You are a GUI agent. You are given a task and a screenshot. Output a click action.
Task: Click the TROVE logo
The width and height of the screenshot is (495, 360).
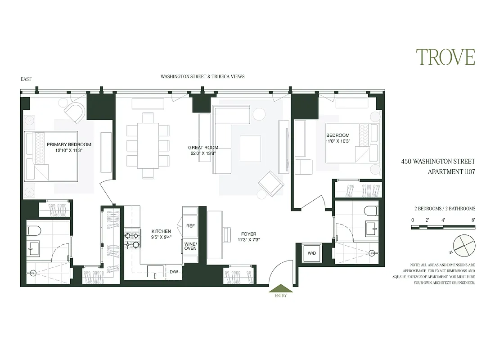coord(445,58)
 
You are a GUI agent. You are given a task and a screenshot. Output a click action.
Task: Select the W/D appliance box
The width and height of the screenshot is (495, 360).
coord(311,254)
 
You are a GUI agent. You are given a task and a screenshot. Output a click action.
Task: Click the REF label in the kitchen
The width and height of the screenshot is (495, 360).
coord(190,226)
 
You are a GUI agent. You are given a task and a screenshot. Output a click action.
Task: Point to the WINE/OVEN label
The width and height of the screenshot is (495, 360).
coord(190,246)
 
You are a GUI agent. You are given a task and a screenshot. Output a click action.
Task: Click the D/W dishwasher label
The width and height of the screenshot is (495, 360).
coord(174,272)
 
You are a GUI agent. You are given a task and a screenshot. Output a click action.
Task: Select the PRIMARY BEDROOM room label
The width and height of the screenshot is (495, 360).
coord(69,144)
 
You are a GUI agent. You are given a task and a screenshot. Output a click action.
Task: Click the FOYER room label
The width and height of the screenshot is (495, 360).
coord(248,234)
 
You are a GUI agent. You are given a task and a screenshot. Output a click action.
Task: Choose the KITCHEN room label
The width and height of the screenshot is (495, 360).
coord(161,231)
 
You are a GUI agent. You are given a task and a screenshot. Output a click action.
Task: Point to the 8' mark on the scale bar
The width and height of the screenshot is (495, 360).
coord(473,220)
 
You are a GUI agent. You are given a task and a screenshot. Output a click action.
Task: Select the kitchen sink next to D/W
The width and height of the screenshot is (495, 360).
coord(156,271)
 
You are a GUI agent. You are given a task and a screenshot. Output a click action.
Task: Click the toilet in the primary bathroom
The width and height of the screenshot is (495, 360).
coord(34,231)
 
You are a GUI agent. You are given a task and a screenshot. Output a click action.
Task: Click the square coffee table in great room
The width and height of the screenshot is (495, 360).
coord(250,148)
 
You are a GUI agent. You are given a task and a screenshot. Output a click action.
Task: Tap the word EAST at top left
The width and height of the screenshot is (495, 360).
coord(26,79)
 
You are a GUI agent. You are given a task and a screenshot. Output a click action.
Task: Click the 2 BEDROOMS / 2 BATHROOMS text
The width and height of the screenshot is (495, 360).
coord(445,209)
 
